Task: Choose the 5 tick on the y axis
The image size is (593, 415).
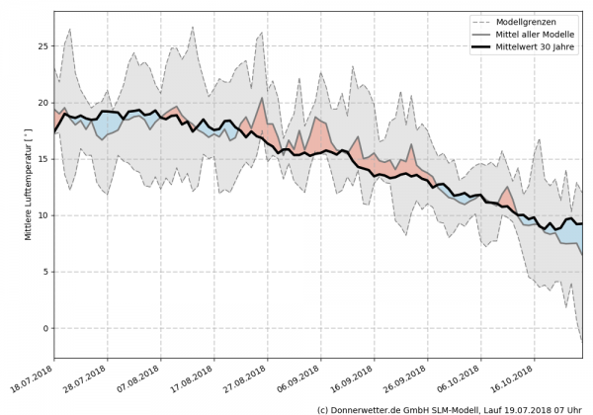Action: point(45,271)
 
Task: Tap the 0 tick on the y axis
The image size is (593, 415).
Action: point(45,327)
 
